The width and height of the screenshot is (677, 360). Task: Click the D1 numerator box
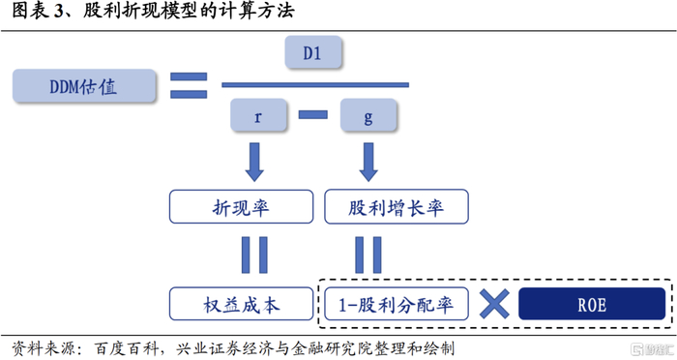click(x=311, y=53)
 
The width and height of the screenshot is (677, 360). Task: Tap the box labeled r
click(x=258, y=117)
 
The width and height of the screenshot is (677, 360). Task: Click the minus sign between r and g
click(x=313, y=116)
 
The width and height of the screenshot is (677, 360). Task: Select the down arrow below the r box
click(x=254, y=162)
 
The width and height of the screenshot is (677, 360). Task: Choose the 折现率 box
click(x=242, y=206)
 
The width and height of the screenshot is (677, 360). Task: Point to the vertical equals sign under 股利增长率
click(x=368, y=255)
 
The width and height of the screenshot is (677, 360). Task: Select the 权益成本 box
click(x=242, y=304)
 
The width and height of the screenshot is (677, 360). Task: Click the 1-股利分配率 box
click(x=396, y=304)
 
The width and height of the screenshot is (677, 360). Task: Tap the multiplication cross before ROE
click(x=494, y=304)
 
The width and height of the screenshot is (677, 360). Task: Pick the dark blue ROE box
click(x=591, y=304)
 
